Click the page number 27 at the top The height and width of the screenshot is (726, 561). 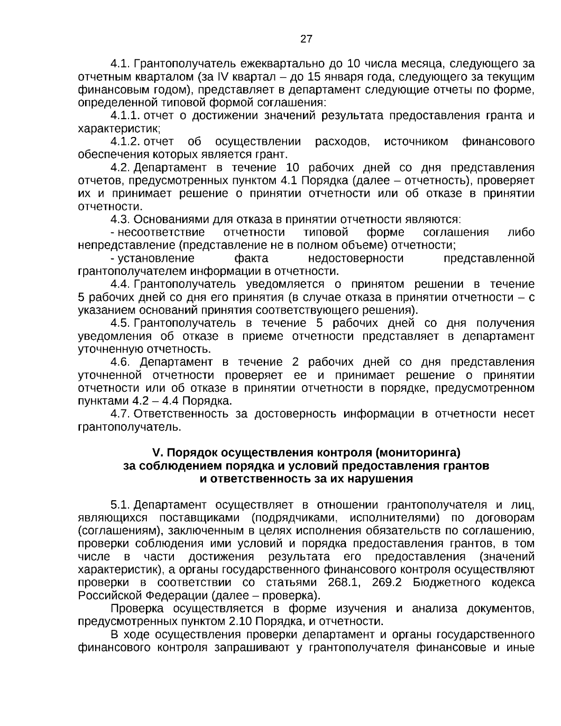pos(306,39)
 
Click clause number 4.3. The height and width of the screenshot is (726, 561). pos(120,219)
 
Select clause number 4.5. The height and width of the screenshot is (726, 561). pos(120,323)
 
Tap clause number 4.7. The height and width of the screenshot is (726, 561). pos(120,413)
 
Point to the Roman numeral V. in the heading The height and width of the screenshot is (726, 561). pos(157,453)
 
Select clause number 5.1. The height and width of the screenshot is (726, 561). pos(120,505)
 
